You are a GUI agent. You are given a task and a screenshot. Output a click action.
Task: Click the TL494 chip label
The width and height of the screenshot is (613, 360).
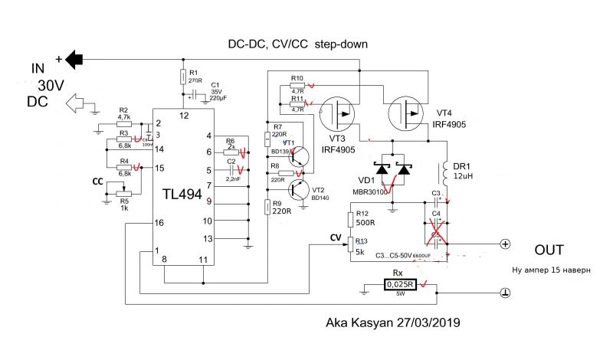182,195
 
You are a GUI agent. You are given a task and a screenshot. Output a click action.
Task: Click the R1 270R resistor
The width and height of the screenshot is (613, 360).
183,77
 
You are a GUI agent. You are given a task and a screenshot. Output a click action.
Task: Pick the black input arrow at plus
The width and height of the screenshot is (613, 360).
74,58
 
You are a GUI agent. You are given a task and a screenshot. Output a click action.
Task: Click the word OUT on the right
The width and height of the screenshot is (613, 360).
549,250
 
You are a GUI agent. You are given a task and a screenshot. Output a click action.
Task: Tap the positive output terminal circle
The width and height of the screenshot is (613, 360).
504,244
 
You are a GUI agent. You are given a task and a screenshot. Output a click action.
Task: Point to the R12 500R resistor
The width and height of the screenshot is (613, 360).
349,220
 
